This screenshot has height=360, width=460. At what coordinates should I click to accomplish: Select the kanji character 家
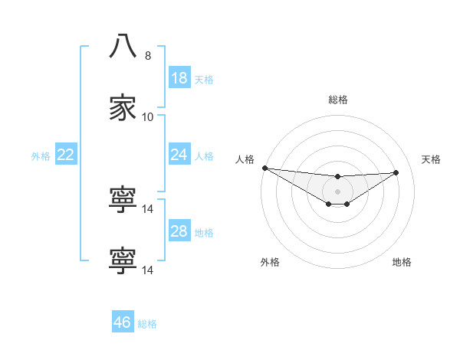coord(123,108)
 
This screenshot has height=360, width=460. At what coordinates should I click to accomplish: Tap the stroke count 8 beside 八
coord(148,55)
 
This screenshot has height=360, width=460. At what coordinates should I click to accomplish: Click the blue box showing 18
coord(179,78)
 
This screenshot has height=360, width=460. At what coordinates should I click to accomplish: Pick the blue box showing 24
coord(179,155)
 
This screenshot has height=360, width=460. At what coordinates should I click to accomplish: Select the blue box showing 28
coord(179,231)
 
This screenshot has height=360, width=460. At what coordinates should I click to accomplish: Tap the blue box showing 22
coord(66,155)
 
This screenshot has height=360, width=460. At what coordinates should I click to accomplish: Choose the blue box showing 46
coord(123,322)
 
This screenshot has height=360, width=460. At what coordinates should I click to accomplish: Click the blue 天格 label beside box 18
coord(204,80)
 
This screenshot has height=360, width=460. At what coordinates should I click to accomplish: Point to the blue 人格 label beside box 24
coord(204,156)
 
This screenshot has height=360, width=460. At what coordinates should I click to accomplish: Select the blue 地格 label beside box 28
coord(204,233)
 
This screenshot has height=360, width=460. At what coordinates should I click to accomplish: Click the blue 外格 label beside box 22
coord(41,156)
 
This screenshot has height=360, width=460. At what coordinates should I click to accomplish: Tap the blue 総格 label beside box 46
coord(147,324)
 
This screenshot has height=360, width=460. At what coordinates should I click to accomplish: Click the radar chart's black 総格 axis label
coord(337,100)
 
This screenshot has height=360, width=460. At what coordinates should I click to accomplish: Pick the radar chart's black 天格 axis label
coord(432,159)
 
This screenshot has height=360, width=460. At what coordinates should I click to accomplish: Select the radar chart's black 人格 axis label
coord(245,159)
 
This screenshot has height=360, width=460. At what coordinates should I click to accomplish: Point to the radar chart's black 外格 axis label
coord(270,262)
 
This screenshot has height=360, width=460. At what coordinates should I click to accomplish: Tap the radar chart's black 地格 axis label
coord(402,262)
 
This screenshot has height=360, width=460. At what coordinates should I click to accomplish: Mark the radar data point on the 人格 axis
coord(264,168)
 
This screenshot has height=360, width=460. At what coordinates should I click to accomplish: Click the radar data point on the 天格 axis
coord(396,172)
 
